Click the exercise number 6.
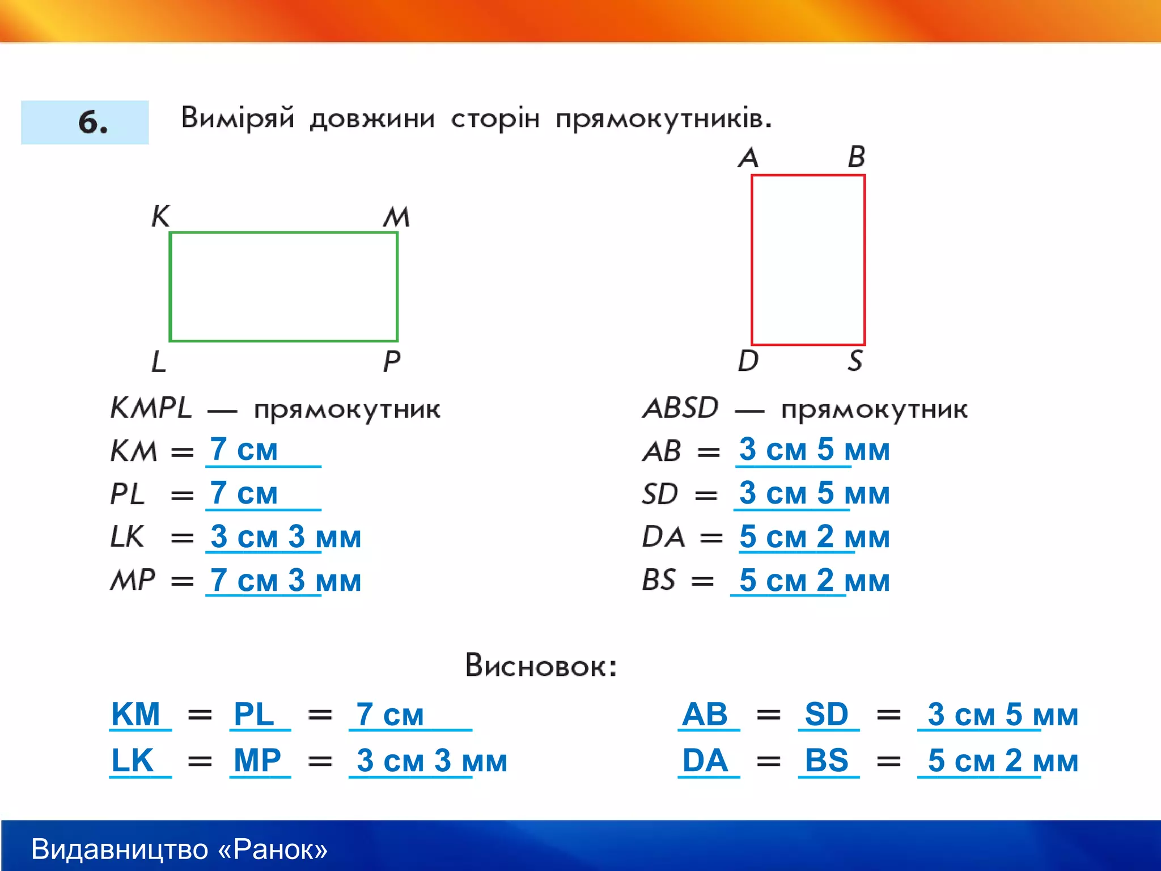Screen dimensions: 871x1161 (x=92, y=122)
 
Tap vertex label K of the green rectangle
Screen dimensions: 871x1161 (x=160, y=216)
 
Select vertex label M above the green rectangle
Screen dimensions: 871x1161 (x=396, y=217)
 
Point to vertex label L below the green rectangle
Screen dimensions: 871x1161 (x=159, y=361)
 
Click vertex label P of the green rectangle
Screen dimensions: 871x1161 (x=392, y=361)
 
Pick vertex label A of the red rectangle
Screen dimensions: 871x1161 (x=748, y=157)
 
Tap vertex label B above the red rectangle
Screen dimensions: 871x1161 (x=857, y=157)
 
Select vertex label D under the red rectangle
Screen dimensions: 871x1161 (x=748, y=361)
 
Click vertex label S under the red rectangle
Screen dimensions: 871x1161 (x=855, y=361)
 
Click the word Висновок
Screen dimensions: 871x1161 (x=540, y=665)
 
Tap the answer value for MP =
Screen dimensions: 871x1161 (x=285, y=580)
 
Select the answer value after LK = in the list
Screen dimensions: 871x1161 (x=285, y=536)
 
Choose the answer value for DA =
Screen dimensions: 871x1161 (x=814, y=536)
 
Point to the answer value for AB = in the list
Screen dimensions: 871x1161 (x=814, y=450)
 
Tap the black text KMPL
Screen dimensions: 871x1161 (x=151, y=408)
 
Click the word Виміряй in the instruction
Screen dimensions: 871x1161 (x=238, y=118)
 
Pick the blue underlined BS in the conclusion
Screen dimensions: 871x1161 (x=827, y=760)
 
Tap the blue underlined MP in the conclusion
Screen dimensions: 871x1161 (x=257, y=760)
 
